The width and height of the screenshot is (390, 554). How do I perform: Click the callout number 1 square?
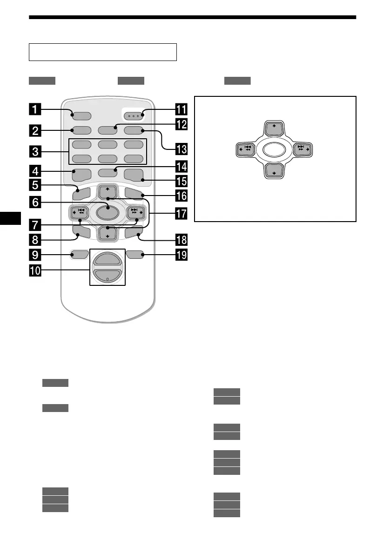click(x=35, y=111)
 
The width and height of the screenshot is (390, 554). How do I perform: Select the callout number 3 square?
click(x=35, y=151)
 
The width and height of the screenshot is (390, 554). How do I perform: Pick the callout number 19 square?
click(x=181, y=255)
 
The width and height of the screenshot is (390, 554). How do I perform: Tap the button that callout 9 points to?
click(x=80, y=254)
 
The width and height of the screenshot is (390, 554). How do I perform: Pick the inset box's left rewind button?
click(x=245, y=150)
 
